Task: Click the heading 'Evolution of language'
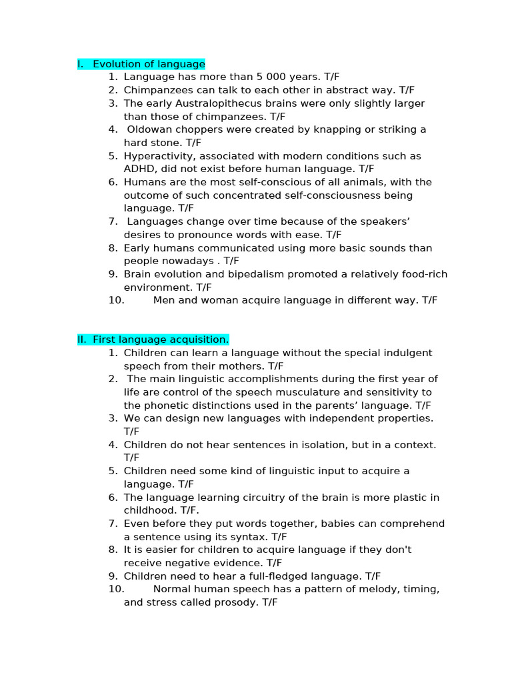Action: tap(149, 64)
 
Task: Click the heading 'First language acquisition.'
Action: tap(160, 339)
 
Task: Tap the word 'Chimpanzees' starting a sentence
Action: tap(154, 90)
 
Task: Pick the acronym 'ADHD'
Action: tap(138, 169)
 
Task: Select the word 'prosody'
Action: tap(239, 602)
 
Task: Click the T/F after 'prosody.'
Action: tap(269, 602)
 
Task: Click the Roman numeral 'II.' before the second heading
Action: tap(82, 339)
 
